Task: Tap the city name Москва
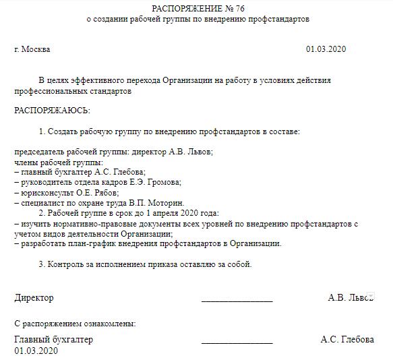36,49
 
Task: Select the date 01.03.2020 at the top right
326,49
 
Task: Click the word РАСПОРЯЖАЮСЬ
52,109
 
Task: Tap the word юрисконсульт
43,192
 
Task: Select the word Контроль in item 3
65,264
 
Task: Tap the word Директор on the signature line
34,297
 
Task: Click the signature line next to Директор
237,301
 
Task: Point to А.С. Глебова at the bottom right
347,340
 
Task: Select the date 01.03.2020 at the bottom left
36,351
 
